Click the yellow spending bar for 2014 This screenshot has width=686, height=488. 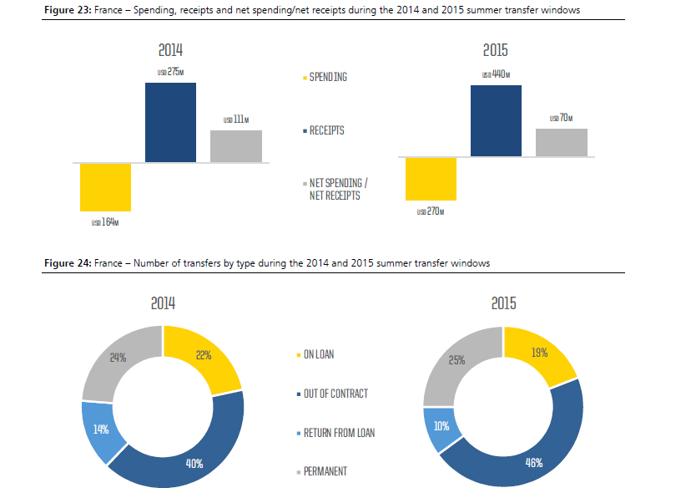coord(105,187)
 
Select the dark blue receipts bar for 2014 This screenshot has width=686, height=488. coord(170,122)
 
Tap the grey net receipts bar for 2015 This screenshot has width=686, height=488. coord(561,143)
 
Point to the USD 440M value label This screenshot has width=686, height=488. coord(496,74)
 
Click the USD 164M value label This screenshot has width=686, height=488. coord(105,221)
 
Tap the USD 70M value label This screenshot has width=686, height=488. coord(561,119)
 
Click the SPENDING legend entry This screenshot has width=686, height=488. coord(327,78)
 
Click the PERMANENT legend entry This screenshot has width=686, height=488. coord(327,471)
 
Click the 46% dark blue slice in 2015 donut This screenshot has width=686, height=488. coord(534,459)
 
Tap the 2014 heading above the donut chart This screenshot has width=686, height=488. coord(163,303)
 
